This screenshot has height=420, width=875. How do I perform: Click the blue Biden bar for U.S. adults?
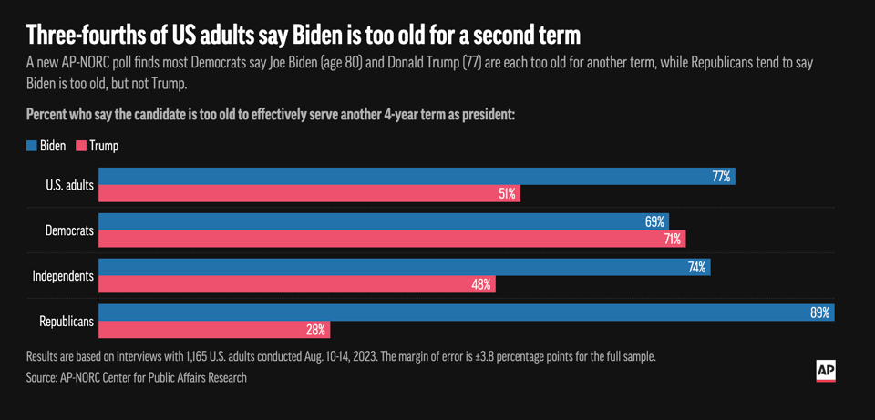[416, 176]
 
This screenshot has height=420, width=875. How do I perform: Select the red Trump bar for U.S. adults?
[309, 193]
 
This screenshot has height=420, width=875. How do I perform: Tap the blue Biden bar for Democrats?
[383, 221]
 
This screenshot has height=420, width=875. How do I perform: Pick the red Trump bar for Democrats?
[391, 239]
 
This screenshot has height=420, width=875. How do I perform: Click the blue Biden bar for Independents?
[404, 267]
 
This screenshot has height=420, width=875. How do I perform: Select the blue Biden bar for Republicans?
[466, 312]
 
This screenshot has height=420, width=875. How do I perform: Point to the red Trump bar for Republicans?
[214, 330]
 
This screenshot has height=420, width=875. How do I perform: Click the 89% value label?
[819, 312]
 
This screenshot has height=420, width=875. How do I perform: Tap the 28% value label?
[316, 330]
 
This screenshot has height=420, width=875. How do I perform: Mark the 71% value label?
[673, 239]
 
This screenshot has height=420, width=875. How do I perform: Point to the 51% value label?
[507, 193]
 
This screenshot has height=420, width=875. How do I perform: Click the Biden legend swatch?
[32, 146]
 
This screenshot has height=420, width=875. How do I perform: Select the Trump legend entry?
[98, 146]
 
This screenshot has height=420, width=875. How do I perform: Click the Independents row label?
[63, 276]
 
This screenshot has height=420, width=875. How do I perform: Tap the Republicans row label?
[66, 322]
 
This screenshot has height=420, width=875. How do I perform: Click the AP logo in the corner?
[825, 371]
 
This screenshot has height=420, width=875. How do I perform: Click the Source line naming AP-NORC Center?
[136, 377]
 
